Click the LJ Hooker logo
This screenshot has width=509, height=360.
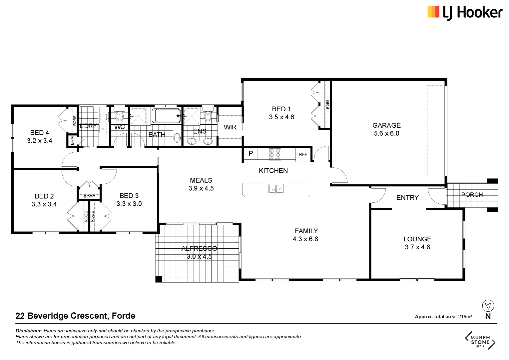(465, 13)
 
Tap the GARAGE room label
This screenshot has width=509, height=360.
(386, 125)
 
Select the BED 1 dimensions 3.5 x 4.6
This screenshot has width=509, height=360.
(281, 117)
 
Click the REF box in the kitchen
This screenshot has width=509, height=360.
(303, 155)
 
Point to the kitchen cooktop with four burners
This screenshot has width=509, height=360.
(275, 154)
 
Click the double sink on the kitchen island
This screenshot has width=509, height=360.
(276, 189)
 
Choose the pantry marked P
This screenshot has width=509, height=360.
(251, 153)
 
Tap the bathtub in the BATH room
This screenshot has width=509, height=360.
(167, 116)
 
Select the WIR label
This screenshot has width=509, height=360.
(230, 127)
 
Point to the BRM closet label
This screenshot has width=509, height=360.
(72, 140)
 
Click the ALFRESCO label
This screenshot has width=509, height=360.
(199, 248)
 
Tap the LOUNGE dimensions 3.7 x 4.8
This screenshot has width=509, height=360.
(417, 247)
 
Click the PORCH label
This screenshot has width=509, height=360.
(472, 195)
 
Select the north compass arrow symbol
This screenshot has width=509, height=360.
(488, 306)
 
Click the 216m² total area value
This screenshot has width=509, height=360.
(465, 317)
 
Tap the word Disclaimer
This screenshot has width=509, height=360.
(29, 331)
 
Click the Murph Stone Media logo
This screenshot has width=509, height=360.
(480, 340)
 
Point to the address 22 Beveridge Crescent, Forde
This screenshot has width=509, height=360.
(75, 316)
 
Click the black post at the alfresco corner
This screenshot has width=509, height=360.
(159, 279)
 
